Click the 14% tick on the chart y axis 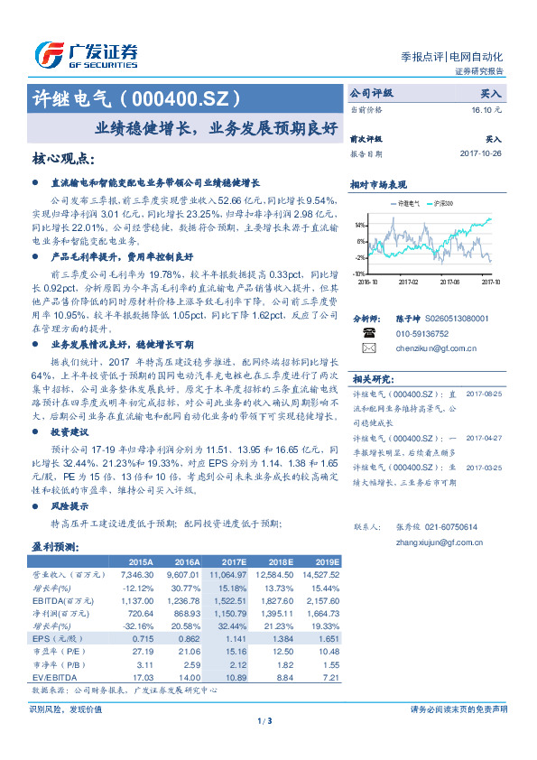pos(360,224)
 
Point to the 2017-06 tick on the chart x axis pos(449,281)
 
